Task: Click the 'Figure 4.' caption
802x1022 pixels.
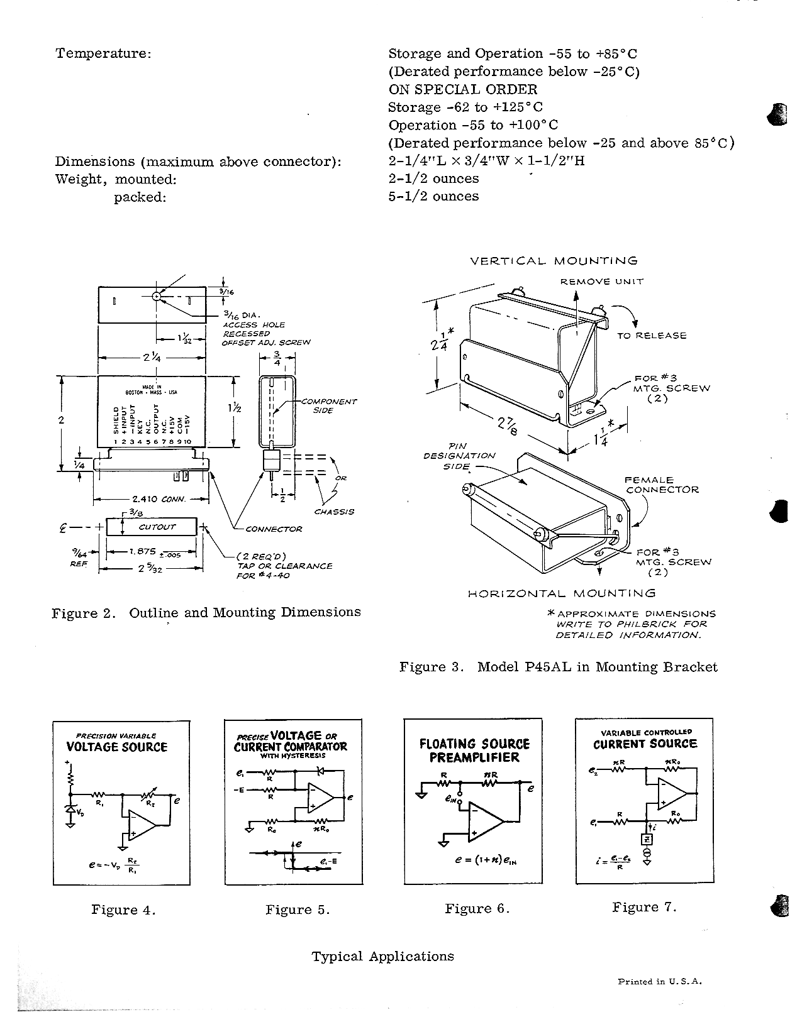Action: pyautogui.click(x=123, y=909)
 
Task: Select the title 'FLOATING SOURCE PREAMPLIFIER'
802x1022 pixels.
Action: pyautogui.click(x=474, y=750)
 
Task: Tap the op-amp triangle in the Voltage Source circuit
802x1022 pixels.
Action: pyautogui.click(x=141, y=825)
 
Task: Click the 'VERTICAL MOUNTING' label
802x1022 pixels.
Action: pyautogui.click(x=554, y=261)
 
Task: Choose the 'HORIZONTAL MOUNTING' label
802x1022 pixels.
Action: pyautogui.click(x=561, y=593)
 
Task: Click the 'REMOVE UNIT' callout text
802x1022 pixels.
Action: pyautogui.click(x=602, y=282)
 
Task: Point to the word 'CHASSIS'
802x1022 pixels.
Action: pyautogui.click(x=334, y=512)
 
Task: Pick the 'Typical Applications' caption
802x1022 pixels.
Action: pyautogui.click(x=382, y=956)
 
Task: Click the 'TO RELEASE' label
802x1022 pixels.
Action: pyautogui.click(x=652, y=336)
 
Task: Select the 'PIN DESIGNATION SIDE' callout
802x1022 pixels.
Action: pyautogui.click(x=459, y=456)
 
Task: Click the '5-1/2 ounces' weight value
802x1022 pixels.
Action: pyautogui.click(x=433, y=196)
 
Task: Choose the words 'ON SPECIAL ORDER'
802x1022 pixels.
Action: pyautogui.click(x=462, y=89)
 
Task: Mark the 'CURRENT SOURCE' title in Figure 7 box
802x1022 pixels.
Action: pyautogui.click(x=645, y=744)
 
